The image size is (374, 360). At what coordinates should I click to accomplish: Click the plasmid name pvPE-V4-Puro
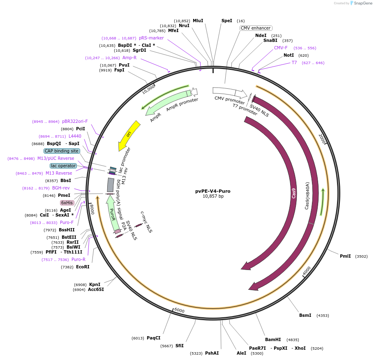pos(212,191)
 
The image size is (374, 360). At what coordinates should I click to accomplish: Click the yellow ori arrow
pos(129,135)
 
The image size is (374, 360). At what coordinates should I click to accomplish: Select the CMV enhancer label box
pos(255,28)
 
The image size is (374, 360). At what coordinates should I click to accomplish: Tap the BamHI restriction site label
pos(273,339)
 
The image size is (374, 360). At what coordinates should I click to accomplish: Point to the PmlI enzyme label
pos(345,256)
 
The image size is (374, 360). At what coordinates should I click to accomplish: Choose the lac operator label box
pos(63,166)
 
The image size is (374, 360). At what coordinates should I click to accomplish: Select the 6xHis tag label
pos(67,203)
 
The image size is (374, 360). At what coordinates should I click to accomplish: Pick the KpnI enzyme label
pos(95,284)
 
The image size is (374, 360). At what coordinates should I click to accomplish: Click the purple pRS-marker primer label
pos(151,38)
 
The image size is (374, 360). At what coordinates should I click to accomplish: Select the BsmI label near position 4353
pos(305,315)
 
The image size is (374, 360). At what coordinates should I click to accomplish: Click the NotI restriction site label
pos(289,55)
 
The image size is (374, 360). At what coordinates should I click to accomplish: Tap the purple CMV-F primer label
pos(281,48)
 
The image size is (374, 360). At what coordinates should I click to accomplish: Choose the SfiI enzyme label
pos(180,346)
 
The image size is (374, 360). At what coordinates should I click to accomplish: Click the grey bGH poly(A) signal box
pos(111,185)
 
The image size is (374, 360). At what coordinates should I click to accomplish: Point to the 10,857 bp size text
pos(212,196)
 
